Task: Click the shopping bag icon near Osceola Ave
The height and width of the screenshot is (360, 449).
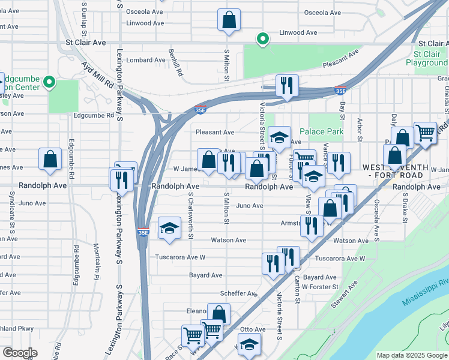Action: [229, 20]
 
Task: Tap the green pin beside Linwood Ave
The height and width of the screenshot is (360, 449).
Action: [262, 40]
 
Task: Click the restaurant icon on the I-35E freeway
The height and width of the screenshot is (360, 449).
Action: [286, 86]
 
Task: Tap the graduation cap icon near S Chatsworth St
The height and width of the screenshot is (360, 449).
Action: [170, 229]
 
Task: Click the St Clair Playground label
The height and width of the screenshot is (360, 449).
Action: [427, 58]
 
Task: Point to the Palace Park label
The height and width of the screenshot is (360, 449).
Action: [321, 131]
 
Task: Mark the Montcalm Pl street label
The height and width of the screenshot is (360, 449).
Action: [96, 262]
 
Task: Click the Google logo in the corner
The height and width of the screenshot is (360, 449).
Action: [20, 353]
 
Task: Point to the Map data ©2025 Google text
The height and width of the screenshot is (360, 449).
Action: [411, 355]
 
